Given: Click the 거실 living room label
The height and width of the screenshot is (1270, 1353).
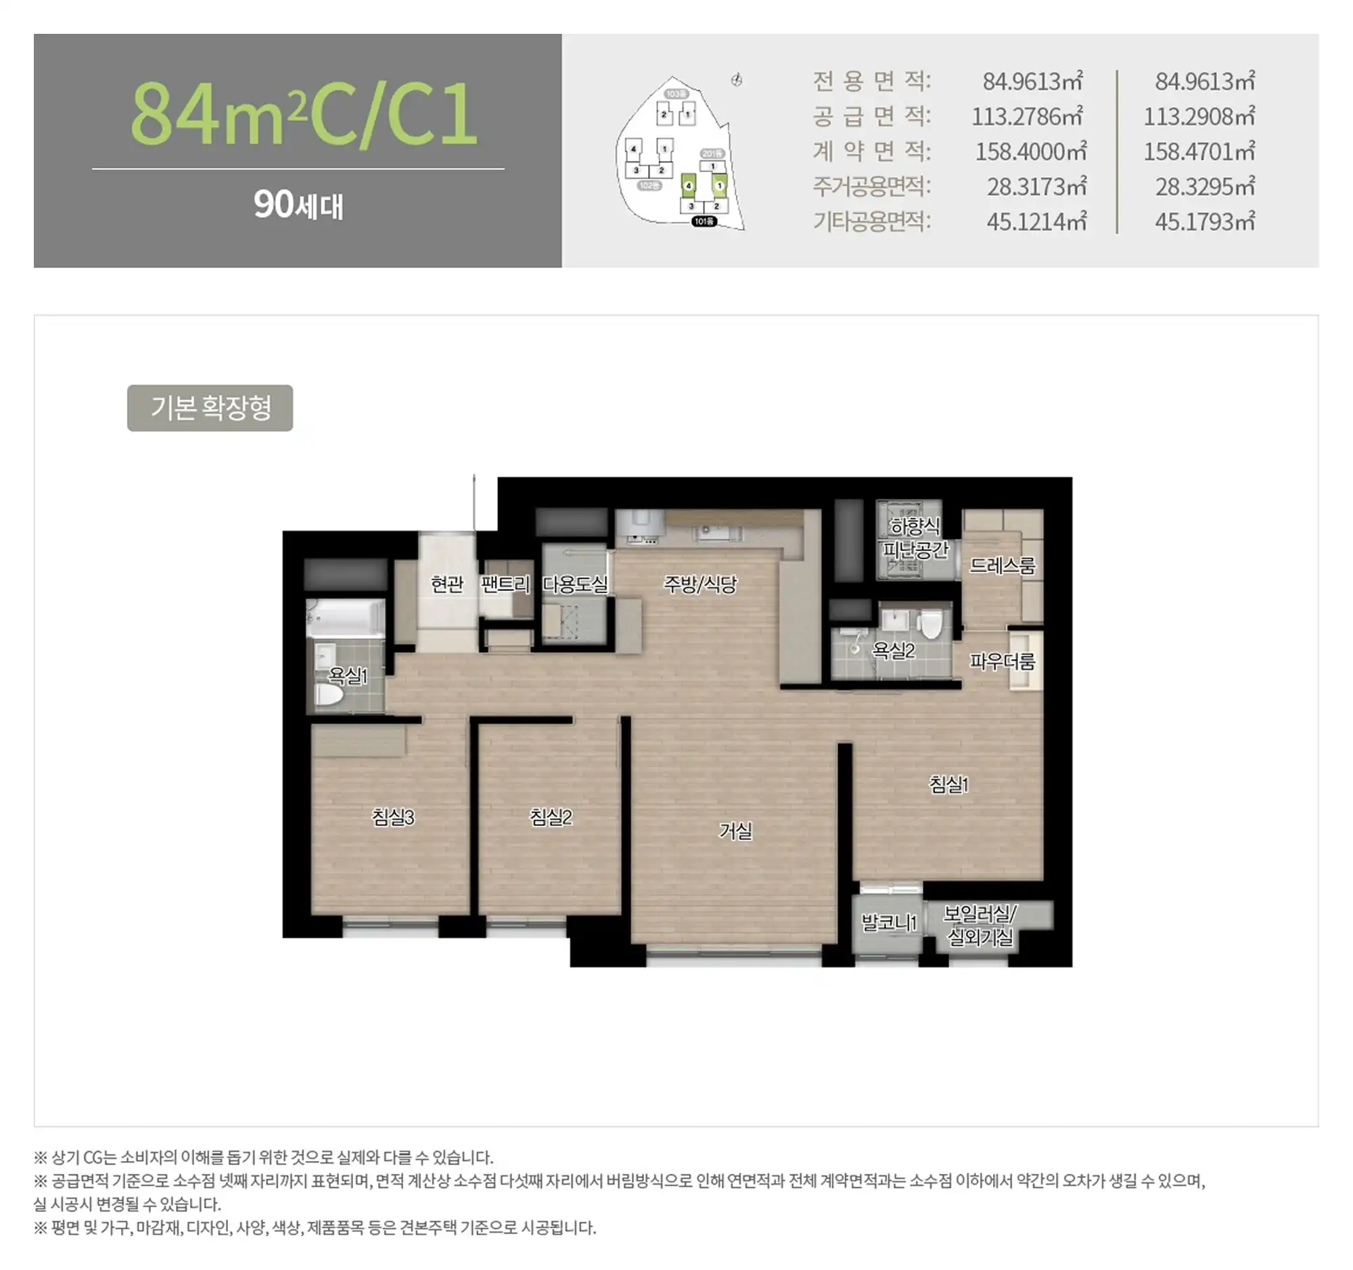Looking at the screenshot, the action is [736, 831].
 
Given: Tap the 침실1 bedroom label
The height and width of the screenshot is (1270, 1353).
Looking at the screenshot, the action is [948, 785].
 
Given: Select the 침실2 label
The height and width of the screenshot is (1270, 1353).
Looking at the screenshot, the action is [551, 816].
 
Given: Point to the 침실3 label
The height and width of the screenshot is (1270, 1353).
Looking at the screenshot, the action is [392, 816].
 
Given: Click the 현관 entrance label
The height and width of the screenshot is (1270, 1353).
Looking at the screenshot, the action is [447, 584].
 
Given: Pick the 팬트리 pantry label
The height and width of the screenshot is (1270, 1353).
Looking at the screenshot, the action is [505, 584].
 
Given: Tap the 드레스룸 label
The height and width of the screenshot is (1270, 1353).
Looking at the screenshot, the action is [1002, 565].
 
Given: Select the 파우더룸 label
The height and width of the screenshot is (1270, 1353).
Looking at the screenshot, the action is [1002, 661].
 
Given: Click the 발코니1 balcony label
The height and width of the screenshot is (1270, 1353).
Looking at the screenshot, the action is [889, 923].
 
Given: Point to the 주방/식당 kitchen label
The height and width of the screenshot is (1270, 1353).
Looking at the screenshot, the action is [700, 584].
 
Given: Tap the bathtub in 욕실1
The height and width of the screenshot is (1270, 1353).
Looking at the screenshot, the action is [345, 617].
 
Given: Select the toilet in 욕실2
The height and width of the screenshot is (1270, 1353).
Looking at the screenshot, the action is [930, 623].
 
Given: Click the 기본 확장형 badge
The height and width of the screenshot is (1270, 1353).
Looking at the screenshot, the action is [210, 408].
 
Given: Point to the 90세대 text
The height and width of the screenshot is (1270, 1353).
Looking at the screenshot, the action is [299, 204].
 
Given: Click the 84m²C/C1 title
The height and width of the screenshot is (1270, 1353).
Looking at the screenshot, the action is [304, 113].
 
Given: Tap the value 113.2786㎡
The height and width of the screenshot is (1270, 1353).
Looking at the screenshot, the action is [1027, 116].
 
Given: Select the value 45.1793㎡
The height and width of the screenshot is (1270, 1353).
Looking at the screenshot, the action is [1205, 221].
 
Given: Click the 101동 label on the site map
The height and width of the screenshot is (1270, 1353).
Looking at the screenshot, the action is [704, 221].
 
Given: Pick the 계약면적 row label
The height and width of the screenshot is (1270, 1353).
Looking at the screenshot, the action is [872, 151].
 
